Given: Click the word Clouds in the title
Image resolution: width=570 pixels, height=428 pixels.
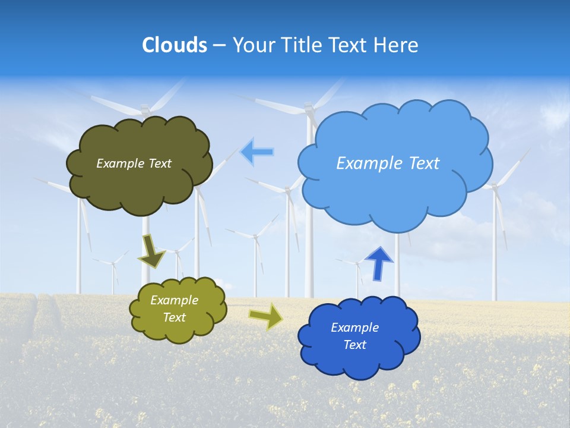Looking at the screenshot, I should point(175,45).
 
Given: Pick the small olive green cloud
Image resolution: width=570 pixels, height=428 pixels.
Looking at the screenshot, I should point(178,330).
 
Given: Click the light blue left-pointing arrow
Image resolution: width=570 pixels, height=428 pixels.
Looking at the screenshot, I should point(257,152).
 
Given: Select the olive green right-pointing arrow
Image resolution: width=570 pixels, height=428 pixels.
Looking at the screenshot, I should point(266,316).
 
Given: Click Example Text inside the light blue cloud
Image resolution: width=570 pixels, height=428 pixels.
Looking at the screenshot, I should point(388,163).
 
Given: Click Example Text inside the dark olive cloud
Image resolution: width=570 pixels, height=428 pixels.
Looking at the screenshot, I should point(134,163).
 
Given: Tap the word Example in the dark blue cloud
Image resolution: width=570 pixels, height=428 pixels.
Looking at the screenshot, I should point(354,328).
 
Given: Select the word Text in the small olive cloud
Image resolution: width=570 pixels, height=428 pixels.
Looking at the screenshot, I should point(175,317).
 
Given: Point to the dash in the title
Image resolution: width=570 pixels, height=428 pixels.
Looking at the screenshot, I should point(219,46).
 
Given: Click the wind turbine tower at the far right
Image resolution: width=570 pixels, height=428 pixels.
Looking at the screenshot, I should point(494,250).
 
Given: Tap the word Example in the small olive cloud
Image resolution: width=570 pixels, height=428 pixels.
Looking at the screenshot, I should point(175,300).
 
